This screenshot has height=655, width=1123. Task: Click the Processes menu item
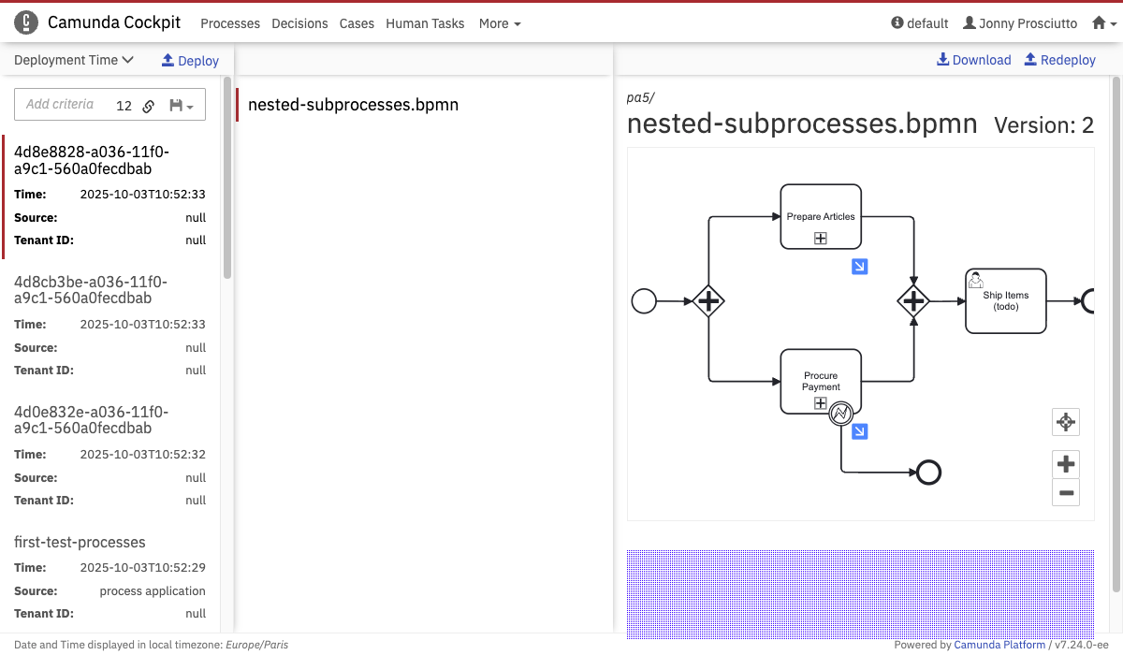[230, 23]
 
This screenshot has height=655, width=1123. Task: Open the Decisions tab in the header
[299, 23]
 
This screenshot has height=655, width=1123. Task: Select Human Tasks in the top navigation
[425, 23]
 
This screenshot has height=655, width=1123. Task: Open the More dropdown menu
[500, 23]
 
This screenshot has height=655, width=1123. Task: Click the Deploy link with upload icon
[190, 61]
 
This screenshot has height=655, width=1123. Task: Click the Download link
[973, 60]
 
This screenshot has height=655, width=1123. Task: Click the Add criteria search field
[60, 104]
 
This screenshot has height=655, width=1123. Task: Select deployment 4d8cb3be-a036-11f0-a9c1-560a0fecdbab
[91, 290]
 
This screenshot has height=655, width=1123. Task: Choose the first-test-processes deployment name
[80, 542]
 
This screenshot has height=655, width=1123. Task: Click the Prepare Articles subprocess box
[821, 216]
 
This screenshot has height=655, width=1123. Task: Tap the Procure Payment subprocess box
[821, 382]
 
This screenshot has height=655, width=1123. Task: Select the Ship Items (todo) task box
[1006, 300]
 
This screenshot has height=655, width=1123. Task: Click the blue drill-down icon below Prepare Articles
[859, 267]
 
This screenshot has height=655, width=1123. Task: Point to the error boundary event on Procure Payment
[840, 414]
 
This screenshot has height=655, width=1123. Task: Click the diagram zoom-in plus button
[1065, 463]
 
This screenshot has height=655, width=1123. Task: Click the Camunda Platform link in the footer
[999, 645]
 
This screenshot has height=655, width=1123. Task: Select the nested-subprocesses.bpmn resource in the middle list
[353, 105]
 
